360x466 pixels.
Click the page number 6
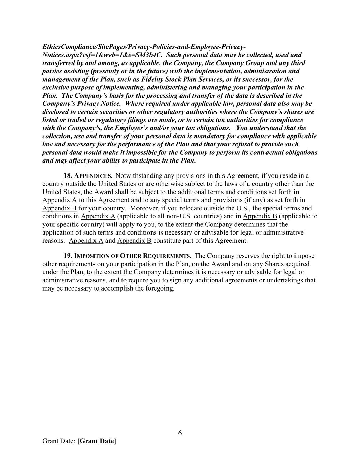pos(180,433)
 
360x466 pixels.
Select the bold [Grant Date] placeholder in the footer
pos(97,441)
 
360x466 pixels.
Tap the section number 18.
pos(68,176)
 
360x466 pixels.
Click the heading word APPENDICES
pos(93,176)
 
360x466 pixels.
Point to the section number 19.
pos(68,256)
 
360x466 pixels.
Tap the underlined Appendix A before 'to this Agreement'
pos(59,200)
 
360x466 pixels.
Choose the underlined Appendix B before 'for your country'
pos(59,208)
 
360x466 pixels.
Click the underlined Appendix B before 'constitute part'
pos(134,241)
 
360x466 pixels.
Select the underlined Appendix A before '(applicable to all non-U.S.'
pos(98,216)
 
